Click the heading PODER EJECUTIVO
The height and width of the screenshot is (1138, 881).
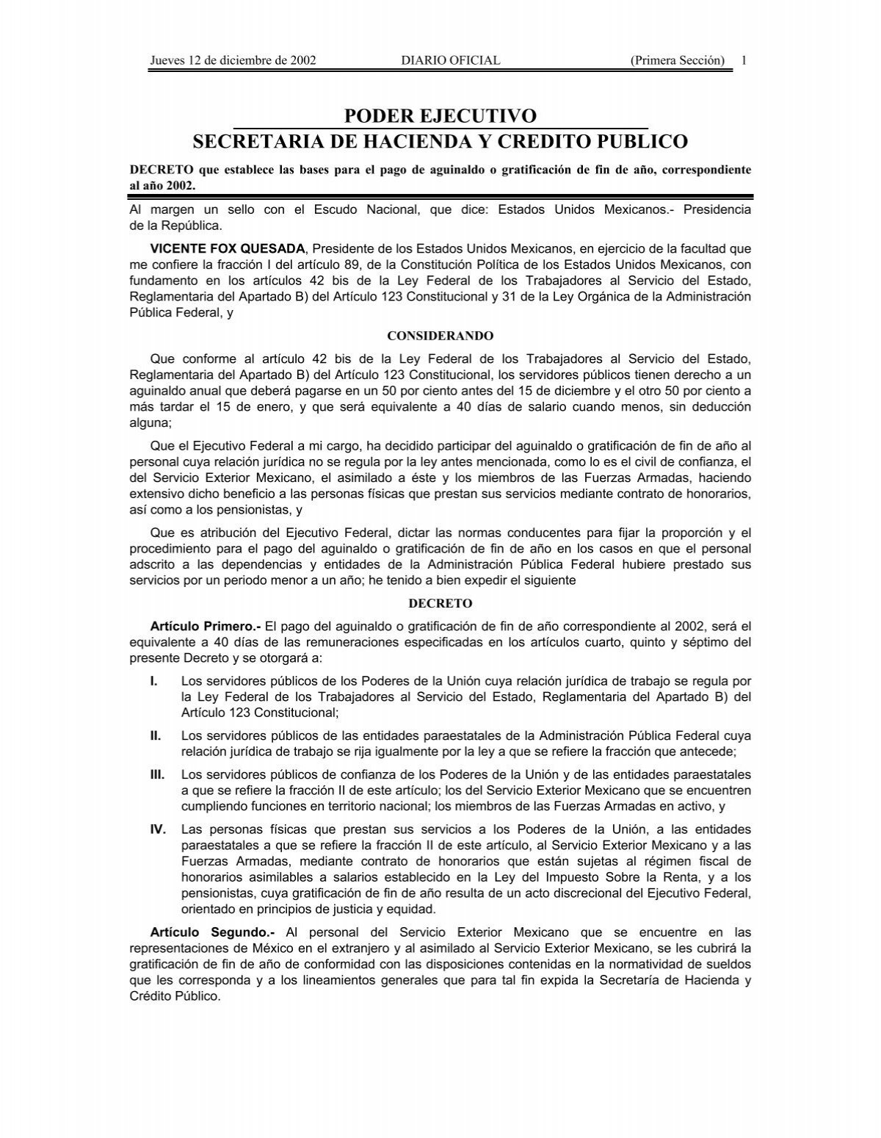tap(440, 116)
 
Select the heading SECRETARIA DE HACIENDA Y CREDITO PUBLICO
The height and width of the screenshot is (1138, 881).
tap(440, 141)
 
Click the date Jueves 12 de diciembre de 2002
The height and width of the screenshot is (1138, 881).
tap(233, 60)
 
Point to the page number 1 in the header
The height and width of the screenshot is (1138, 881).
tap(744, 60)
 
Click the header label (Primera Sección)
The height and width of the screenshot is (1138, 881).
tap(678, 60)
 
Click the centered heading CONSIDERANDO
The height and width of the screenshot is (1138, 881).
tap(440, 336)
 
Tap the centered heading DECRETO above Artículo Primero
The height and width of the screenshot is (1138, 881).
tap(440, 603)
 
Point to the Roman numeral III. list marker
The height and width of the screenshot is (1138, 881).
tap(157, 774)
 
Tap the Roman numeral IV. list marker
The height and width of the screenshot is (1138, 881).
tap(158, 829)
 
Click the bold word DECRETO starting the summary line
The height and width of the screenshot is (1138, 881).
tap(157, 170)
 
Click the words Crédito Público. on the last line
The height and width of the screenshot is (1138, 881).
tap(174, 997)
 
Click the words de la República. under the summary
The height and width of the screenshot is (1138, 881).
tap(175, 226)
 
